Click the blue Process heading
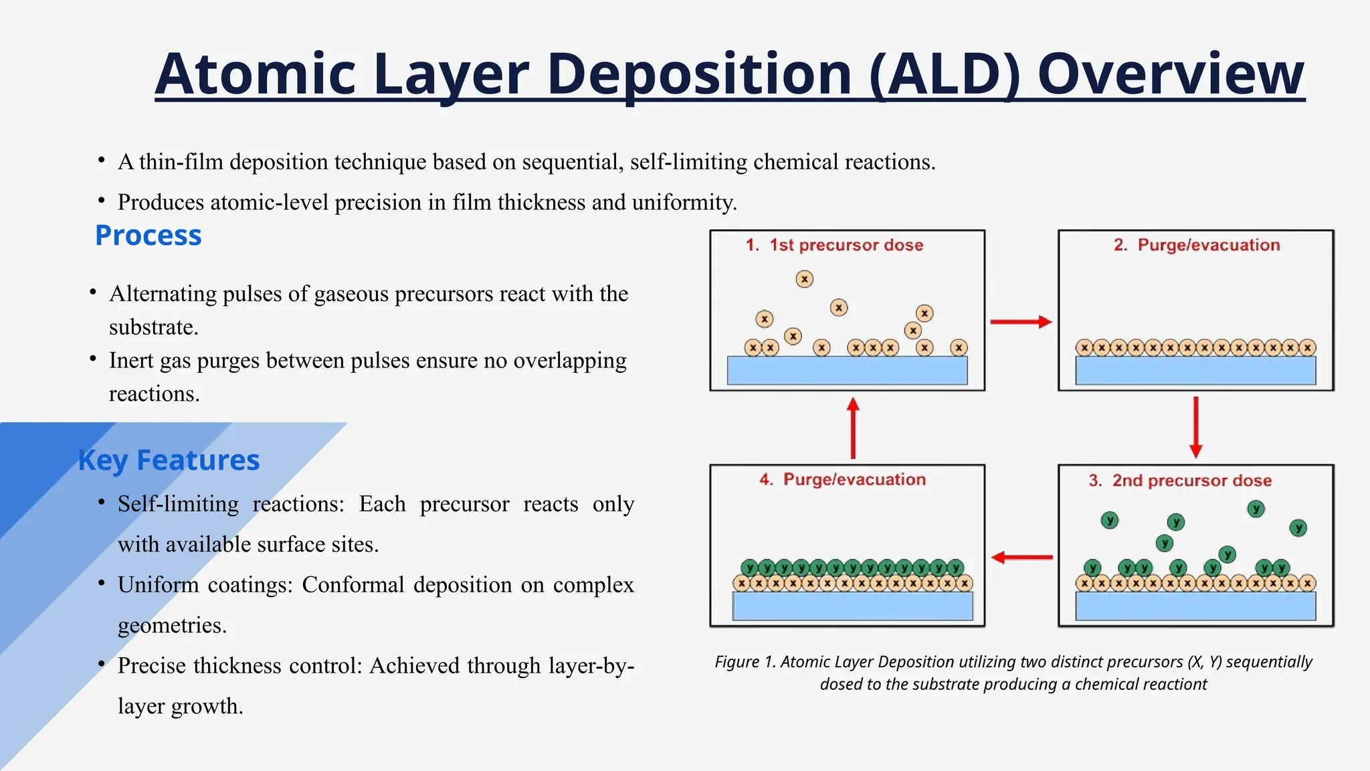148,236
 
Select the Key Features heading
169,460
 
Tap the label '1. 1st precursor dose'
834,245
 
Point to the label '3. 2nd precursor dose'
1180,481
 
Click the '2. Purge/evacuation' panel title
1197,245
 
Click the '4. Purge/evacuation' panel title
843,479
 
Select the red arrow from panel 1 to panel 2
1021,322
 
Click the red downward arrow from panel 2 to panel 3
1196,427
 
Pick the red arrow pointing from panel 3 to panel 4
1021,557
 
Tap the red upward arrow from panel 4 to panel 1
853,428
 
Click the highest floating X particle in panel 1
805,279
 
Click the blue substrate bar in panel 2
1195,370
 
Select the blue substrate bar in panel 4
852,606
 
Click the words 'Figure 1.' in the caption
745,662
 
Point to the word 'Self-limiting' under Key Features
178,504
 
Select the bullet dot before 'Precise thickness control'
102,664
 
